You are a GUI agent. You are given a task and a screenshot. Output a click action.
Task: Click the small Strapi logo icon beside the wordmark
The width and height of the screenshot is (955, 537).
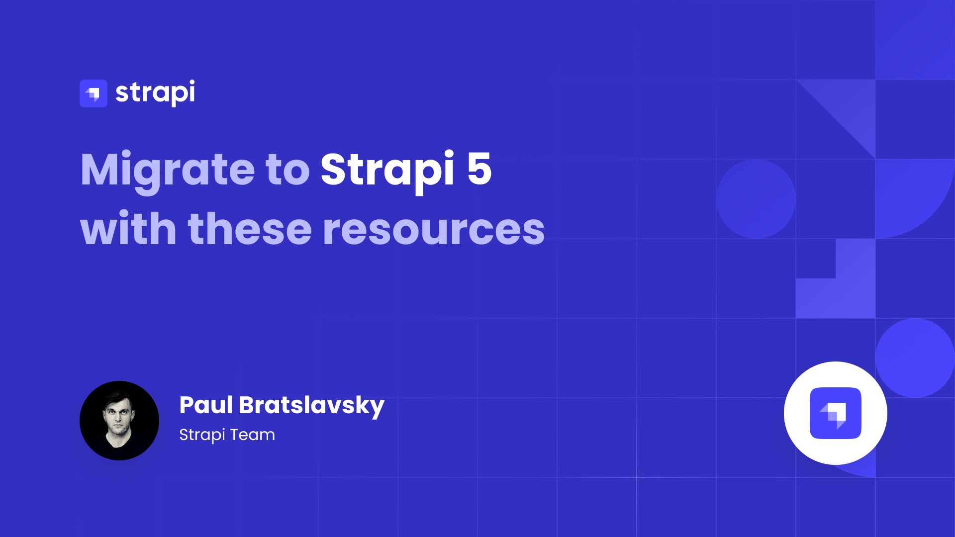94,93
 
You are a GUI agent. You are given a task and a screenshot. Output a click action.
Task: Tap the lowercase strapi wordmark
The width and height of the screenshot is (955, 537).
155,93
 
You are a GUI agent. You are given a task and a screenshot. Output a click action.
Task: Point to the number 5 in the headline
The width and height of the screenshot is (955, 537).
479,169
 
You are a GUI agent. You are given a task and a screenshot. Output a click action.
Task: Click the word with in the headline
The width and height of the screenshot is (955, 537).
128,228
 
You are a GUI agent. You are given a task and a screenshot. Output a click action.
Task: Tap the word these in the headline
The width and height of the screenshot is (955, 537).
250,228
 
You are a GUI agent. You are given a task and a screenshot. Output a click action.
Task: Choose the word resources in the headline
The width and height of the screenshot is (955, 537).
434,230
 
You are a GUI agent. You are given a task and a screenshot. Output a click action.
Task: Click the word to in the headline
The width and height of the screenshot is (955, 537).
288,170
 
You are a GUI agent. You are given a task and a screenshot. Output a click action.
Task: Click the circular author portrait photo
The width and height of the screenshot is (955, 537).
119,421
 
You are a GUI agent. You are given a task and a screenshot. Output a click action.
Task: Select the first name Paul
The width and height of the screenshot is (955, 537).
206,405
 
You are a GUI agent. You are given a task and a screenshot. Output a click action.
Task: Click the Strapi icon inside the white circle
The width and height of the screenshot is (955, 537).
836,413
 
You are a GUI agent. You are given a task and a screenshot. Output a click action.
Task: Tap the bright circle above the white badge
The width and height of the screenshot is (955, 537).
915,358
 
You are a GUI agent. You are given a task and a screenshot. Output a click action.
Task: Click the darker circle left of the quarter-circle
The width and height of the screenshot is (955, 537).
756,199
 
